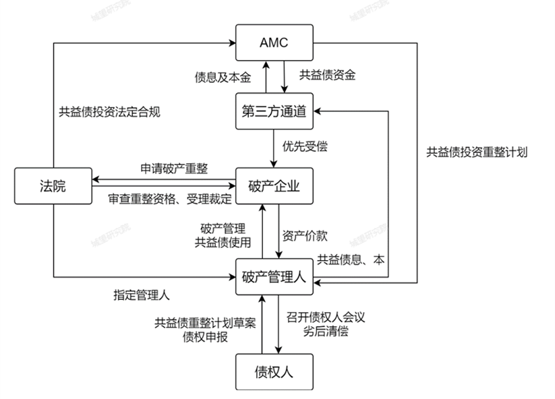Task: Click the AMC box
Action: (x=274, y=42)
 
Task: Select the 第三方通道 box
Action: (x=274, y=112)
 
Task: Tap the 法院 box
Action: (x=53, y=186)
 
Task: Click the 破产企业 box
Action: (x=274, y=186)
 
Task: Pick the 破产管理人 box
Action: (x=274, y=276)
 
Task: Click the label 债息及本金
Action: (x=220, y=76)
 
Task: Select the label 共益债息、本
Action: (x=351, y=259)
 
